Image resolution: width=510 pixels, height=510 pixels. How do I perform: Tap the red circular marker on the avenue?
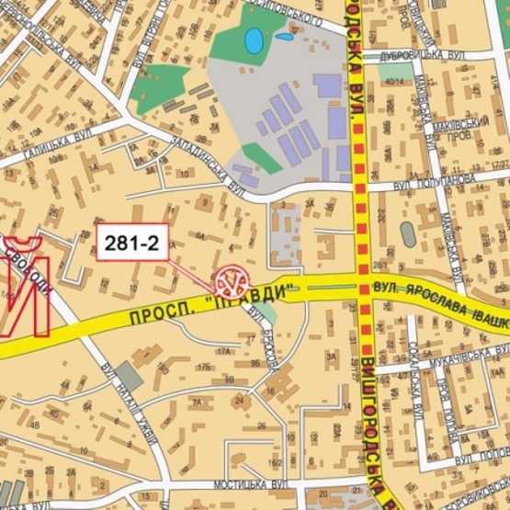(x=232, y=278)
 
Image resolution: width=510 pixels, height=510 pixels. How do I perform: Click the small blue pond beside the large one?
(x=284, y=39)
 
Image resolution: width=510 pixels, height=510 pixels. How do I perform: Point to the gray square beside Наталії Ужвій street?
(x=129, y=377)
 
